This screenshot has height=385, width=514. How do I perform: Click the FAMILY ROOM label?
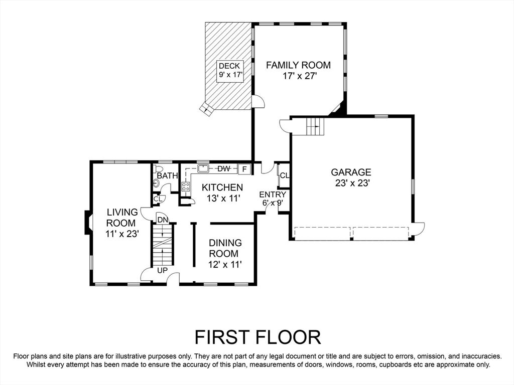pos(298,65)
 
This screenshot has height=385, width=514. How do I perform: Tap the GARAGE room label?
pos(351,172)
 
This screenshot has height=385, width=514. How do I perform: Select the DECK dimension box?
pos(231,70)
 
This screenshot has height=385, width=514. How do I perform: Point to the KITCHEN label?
pos(222,187)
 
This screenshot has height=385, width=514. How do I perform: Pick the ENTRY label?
pos(273,195)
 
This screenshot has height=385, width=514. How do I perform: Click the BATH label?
pos(168,176)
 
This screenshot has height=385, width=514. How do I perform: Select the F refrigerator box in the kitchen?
pos(244,169)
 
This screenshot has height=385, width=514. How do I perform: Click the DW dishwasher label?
pos(224,169)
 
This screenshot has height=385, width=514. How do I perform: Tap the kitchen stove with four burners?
pos(186,186)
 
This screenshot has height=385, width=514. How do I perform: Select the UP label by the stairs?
pos(162,271)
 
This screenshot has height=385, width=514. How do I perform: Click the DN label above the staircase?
pos(163,220)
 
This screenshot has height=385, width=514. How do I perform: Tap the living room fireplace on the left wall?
pos(88,223)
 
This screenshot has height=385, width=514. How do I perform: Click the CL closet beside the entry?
pos(283,175)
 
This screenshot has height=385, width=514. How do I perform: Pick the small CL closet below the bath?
pos(158,199)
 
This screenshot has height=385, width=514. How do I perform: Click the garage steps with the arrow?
pos(315,126)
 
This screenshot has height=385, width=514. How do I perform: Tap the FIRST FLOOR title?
pos(258,337)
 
